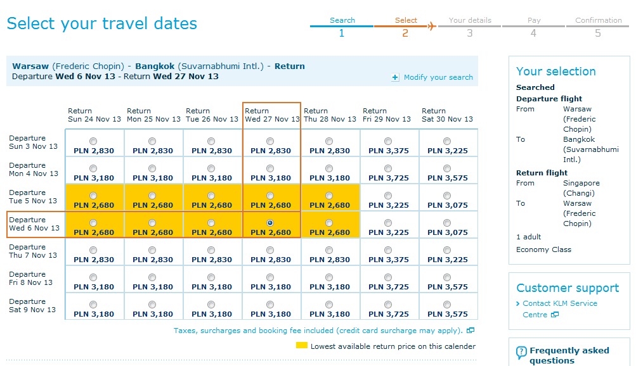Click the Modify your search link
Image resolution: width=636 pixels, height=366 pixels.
(438, 77)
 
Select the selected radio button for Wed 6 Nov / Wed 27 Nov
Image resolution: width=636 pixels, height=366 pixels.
(270, 223)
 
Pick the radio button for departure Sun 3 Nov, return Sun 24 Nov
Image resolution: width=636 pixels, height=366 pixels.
(93, 141)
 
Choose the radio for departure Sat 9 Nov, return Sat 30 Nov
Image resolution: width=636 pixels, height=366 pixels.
(447, 305)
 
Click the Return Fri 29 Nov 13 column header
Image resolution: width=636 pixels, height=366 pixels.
(387, 115)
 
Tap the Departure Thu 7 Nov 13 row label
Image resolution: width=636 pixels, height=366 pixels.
(33, 251)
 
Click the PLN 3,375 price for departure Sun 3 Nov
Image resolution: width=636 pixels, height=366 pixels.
(389, 151)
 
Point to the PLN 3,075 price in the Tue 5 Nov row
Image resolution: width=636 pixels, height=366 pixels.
(448, 205)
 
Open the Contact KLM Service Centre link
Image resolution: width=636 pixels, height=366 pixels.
(560, 309)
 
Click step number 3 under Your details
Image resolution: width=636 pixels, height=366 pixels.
(470, 33)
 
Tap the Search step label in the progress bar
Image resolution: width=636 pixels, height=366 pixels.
(342, 20)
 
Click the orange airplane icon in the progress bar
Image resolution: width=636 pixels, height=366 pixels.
(432, 27)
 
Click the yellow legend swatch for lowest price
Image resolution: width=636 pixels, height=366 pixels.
(301, 345)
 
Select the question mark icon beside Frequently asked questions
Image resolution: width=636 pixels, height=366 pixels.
(521, 352)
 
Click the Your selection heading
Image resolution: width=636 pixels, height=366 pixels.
(555, 72)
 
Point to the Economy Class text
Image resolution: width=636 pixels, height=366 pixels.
(543, 249)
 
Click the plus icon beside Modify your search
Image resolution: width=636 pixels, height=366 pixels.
(394, 77)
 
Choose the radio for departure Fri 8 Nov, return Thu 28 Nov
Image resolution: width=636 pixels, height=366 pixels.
(329, 277)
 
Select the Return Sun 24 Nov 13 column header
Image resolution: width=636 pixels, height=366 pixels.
(94, 115)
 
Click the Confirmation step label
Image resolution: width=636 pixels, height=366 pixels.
(599, 20)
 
